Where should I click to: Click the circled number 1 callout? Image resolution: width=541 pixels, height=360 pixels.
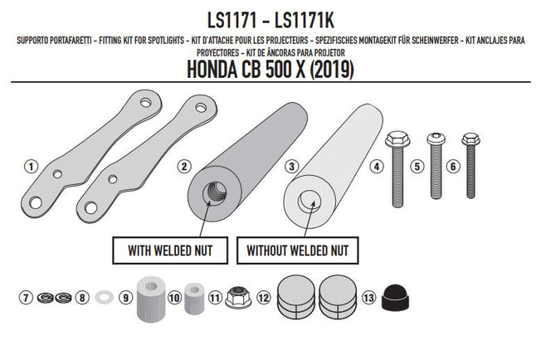tap(31, 166)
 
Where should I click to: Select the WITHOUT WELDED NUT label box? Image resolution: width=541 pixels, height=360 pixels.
tap(296, 249)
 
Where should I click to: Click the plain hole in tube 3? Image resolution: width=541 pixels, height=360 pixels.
tap(309, 198)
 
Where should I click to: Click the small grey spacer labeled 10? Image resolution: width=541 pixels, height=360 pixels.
tap(194, 296)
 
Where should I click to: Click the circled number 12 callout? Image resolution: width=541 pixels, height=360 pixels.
tap(263, 296)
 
